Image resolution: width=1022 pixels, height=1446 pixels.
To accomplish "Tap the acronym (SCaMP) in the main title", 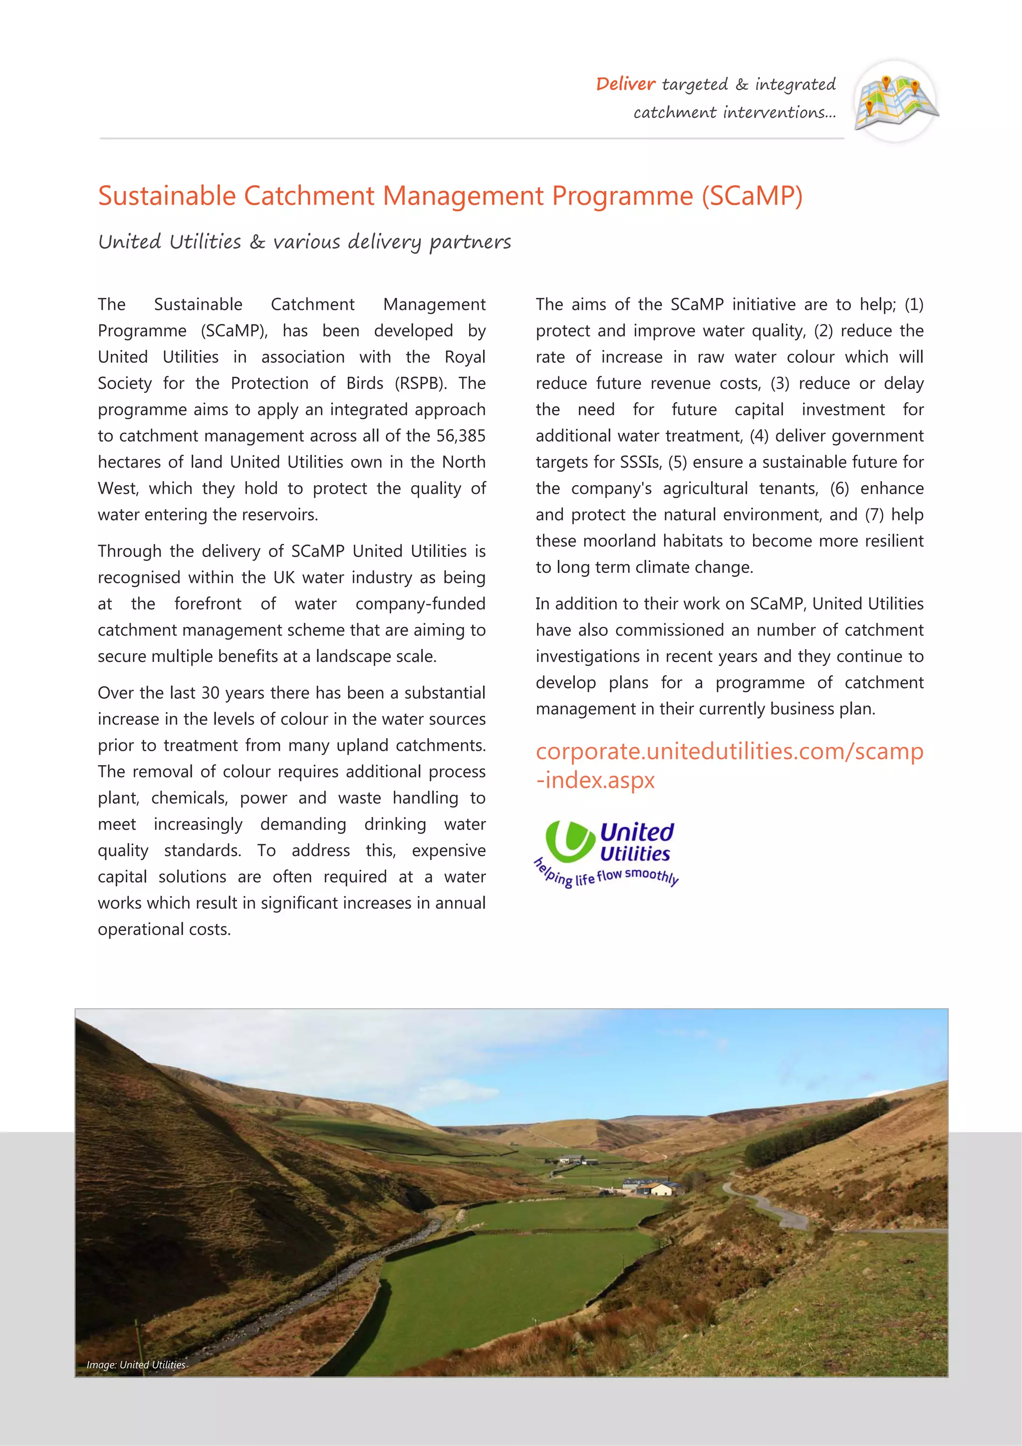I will [x=752, y=196].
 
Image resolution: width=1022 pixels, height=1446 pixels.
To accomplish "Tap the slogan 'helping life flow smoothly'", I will [x=606, y=874].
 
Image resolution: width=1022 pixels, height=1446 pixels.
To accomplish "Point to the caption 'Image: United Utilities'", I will [x=136, y=1365].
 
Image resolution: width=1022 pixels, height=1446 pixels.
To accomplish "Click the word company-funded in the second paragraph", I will [x=420, y=604].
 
